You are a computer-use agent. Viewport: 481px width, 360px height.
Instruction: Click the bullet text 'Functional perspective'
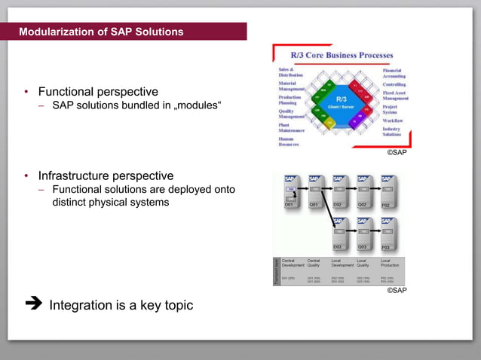[x=98, y=91]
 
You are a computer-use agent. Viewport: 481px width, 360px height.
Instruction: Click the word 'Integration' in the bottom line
[x=85, y=305]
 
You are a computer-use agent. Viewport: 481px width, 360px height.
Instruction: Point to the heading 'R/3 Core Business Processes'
[x=342, y=55]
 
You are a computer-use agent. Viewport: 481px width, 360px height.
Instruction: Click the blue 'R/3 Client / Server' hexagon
[x=341, y=102]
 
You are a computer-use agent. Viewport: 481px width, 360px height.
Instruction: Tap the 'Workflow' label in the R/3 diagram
[x=392, y=120]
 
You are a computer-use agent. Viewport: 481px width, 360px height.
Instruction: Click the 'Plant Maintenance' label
[x=291, y=128]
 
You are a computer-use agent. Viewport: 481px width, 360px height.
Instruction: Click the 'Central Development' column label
[x=293, y=263]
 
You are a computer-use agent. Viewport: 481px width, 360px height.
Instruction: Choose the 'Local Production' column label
[x=391, y=263]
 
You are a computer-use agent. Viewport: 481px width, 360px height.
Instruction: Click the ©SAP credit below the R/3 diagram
[x=397, y=152]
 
